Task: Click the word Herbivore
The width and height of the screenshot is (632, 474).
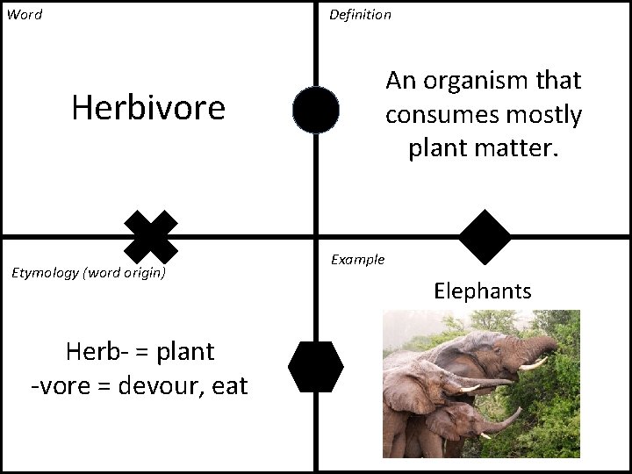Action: (x=148, y=108)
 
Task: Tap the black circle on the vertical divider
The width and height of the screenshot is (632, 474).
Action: (x=316, y=110)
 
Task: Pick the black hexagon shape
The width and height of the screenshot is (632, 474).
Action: (x=316, y=366)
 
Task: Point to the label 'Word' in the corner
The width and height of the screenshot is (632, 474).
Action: (x=25, y=15)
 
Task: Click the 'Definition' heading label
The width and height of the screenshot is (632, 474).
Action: (x=360, y=15)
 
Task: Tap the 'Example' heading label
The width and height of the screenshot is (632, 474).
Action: (x=357, y=260)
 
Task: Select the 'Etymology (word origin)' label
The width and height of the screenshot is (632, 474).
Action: (x=88, y=272)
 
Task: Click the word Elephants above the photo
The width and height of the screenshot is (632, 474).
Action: (x=482, y=291)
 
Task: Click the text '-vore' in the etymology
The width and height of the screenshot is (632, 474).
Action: (x=58, y=384)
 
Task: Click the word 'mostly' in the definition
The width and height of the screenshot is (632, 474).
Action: (x=549, y=115)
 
